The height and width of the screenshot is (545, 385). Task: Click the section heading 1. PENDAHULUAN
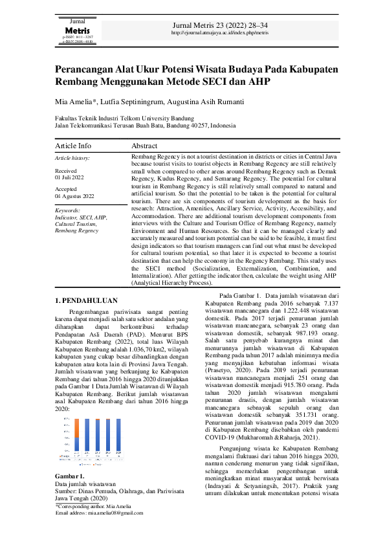pos(85,300)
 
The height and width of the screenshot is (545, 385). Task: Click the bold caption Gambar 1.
pos(68,478)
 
